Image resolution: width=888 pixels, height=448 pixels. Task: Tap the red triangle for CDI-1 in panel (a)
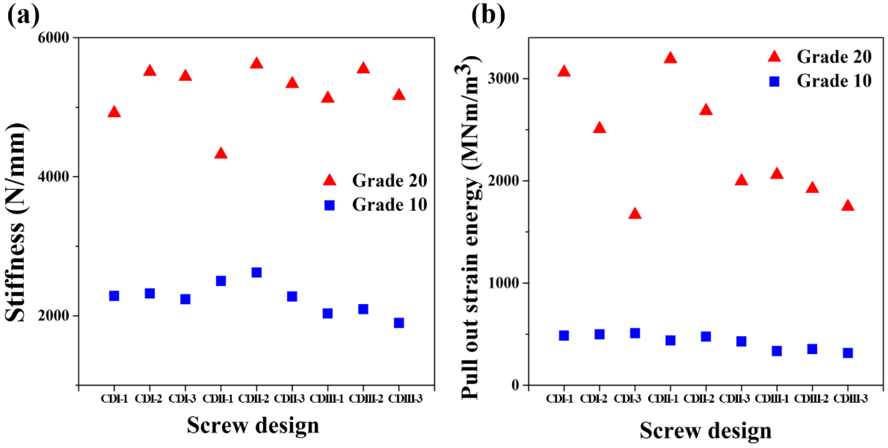tap(114, 112)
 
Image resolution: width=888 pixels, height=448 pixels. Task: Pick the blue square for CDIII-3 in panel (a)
tap(399, 323)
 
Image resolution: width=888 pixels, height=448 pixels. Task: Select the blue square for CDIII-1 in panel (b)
tap(777, 351)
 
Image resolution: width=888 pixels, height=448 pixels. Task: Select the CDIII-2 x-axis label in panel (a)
tap(366, 399)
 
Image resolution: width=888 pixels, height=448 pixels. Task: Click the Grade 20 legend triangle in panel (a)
tap(330, 180)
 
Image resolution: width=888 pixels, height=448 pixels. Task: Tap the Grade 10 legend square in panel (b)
tap(775, 81)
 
